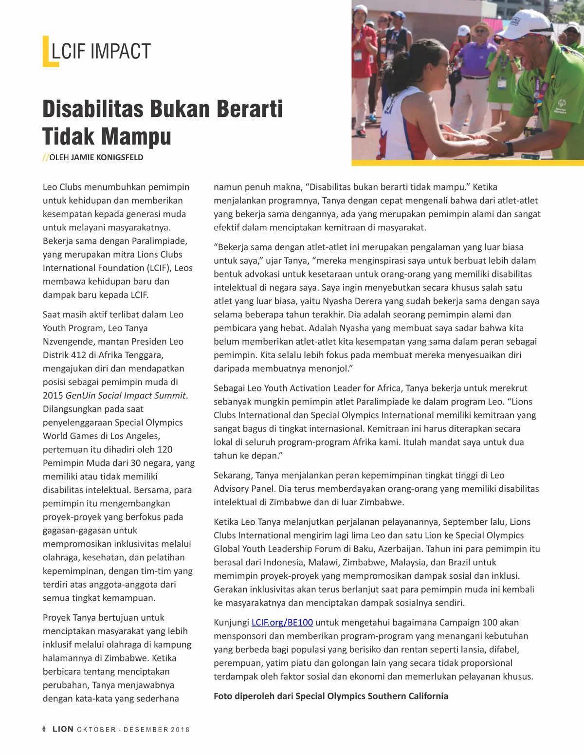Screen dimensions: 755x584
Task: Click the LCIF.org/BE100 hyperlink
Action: pos(282,623)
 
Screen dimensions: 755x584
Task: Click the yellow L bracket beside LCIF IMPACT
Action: pos(47,52)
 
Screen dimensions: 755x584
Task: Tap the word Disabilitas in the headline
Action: pos(92,109)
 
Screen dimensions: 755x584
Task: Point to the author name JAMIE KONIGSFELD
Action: pos(107,157)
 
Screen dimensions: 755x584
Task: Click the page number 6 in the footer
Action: pos(44,729)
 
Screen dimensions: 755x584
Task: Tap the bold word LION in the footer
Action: pos(63,729)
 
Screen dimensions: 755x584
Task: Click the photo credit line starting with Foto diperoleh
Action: pos(331,696)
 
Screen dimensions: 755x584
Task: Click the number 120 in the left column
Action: pos(164,449)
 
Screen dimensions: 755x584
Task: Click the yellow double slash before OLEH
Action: pos(45,157)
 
